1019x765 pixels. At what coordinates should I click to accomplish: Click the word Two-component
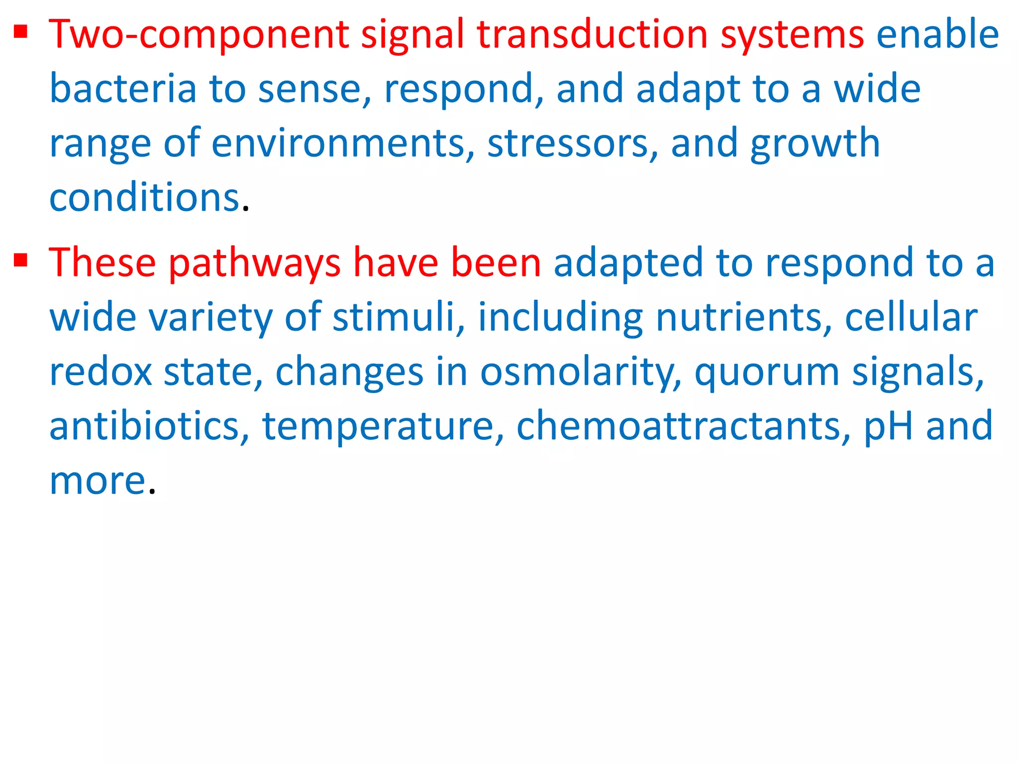tap(199, 35)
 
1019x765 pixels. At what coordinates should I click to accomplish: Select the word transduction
tap(592, 35)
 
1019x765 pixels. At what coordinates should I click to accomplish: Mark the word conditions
tap(144, 198)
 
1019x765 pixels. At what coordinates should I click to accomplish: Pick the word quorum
tap(766, 373)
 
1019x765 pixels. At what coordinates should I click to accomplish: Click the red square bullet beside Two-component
tap(20, 33)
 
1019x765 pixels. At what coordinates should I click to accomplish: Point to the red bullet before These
tap(20, 260)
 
